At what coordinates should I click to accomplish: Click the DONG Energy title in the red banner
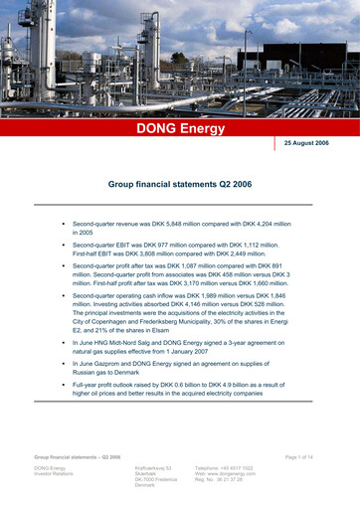pyautogui.click(x=180, y=129)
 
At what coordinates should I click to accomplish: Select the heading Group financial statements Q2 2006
pyautogui.click(x=180, y=185)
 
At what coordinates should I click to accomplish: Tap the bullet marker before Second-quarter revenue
pyautogui.click(x=63, y=225)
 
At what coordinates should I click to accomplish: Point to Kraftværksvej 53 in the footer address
pyautogui.click(x=153, y=467)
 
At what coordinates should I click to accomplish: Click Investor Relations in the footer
pyautogui.click(x=57, y=474)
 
